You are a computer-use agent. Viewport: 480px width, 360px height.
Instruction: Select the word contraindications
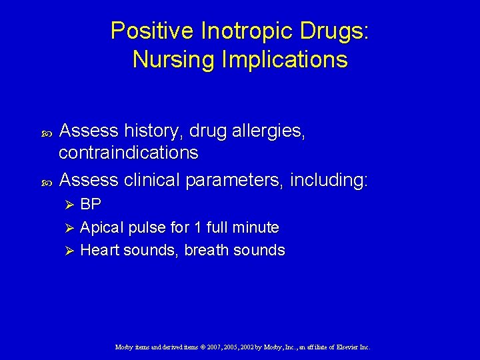click(128, 153)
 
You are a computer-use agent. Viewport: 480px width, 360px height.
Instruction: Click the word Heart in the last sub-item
click(100, 251)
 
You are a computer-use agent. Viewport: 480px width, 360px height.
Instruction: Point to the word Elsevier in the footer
click(343, 347)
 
